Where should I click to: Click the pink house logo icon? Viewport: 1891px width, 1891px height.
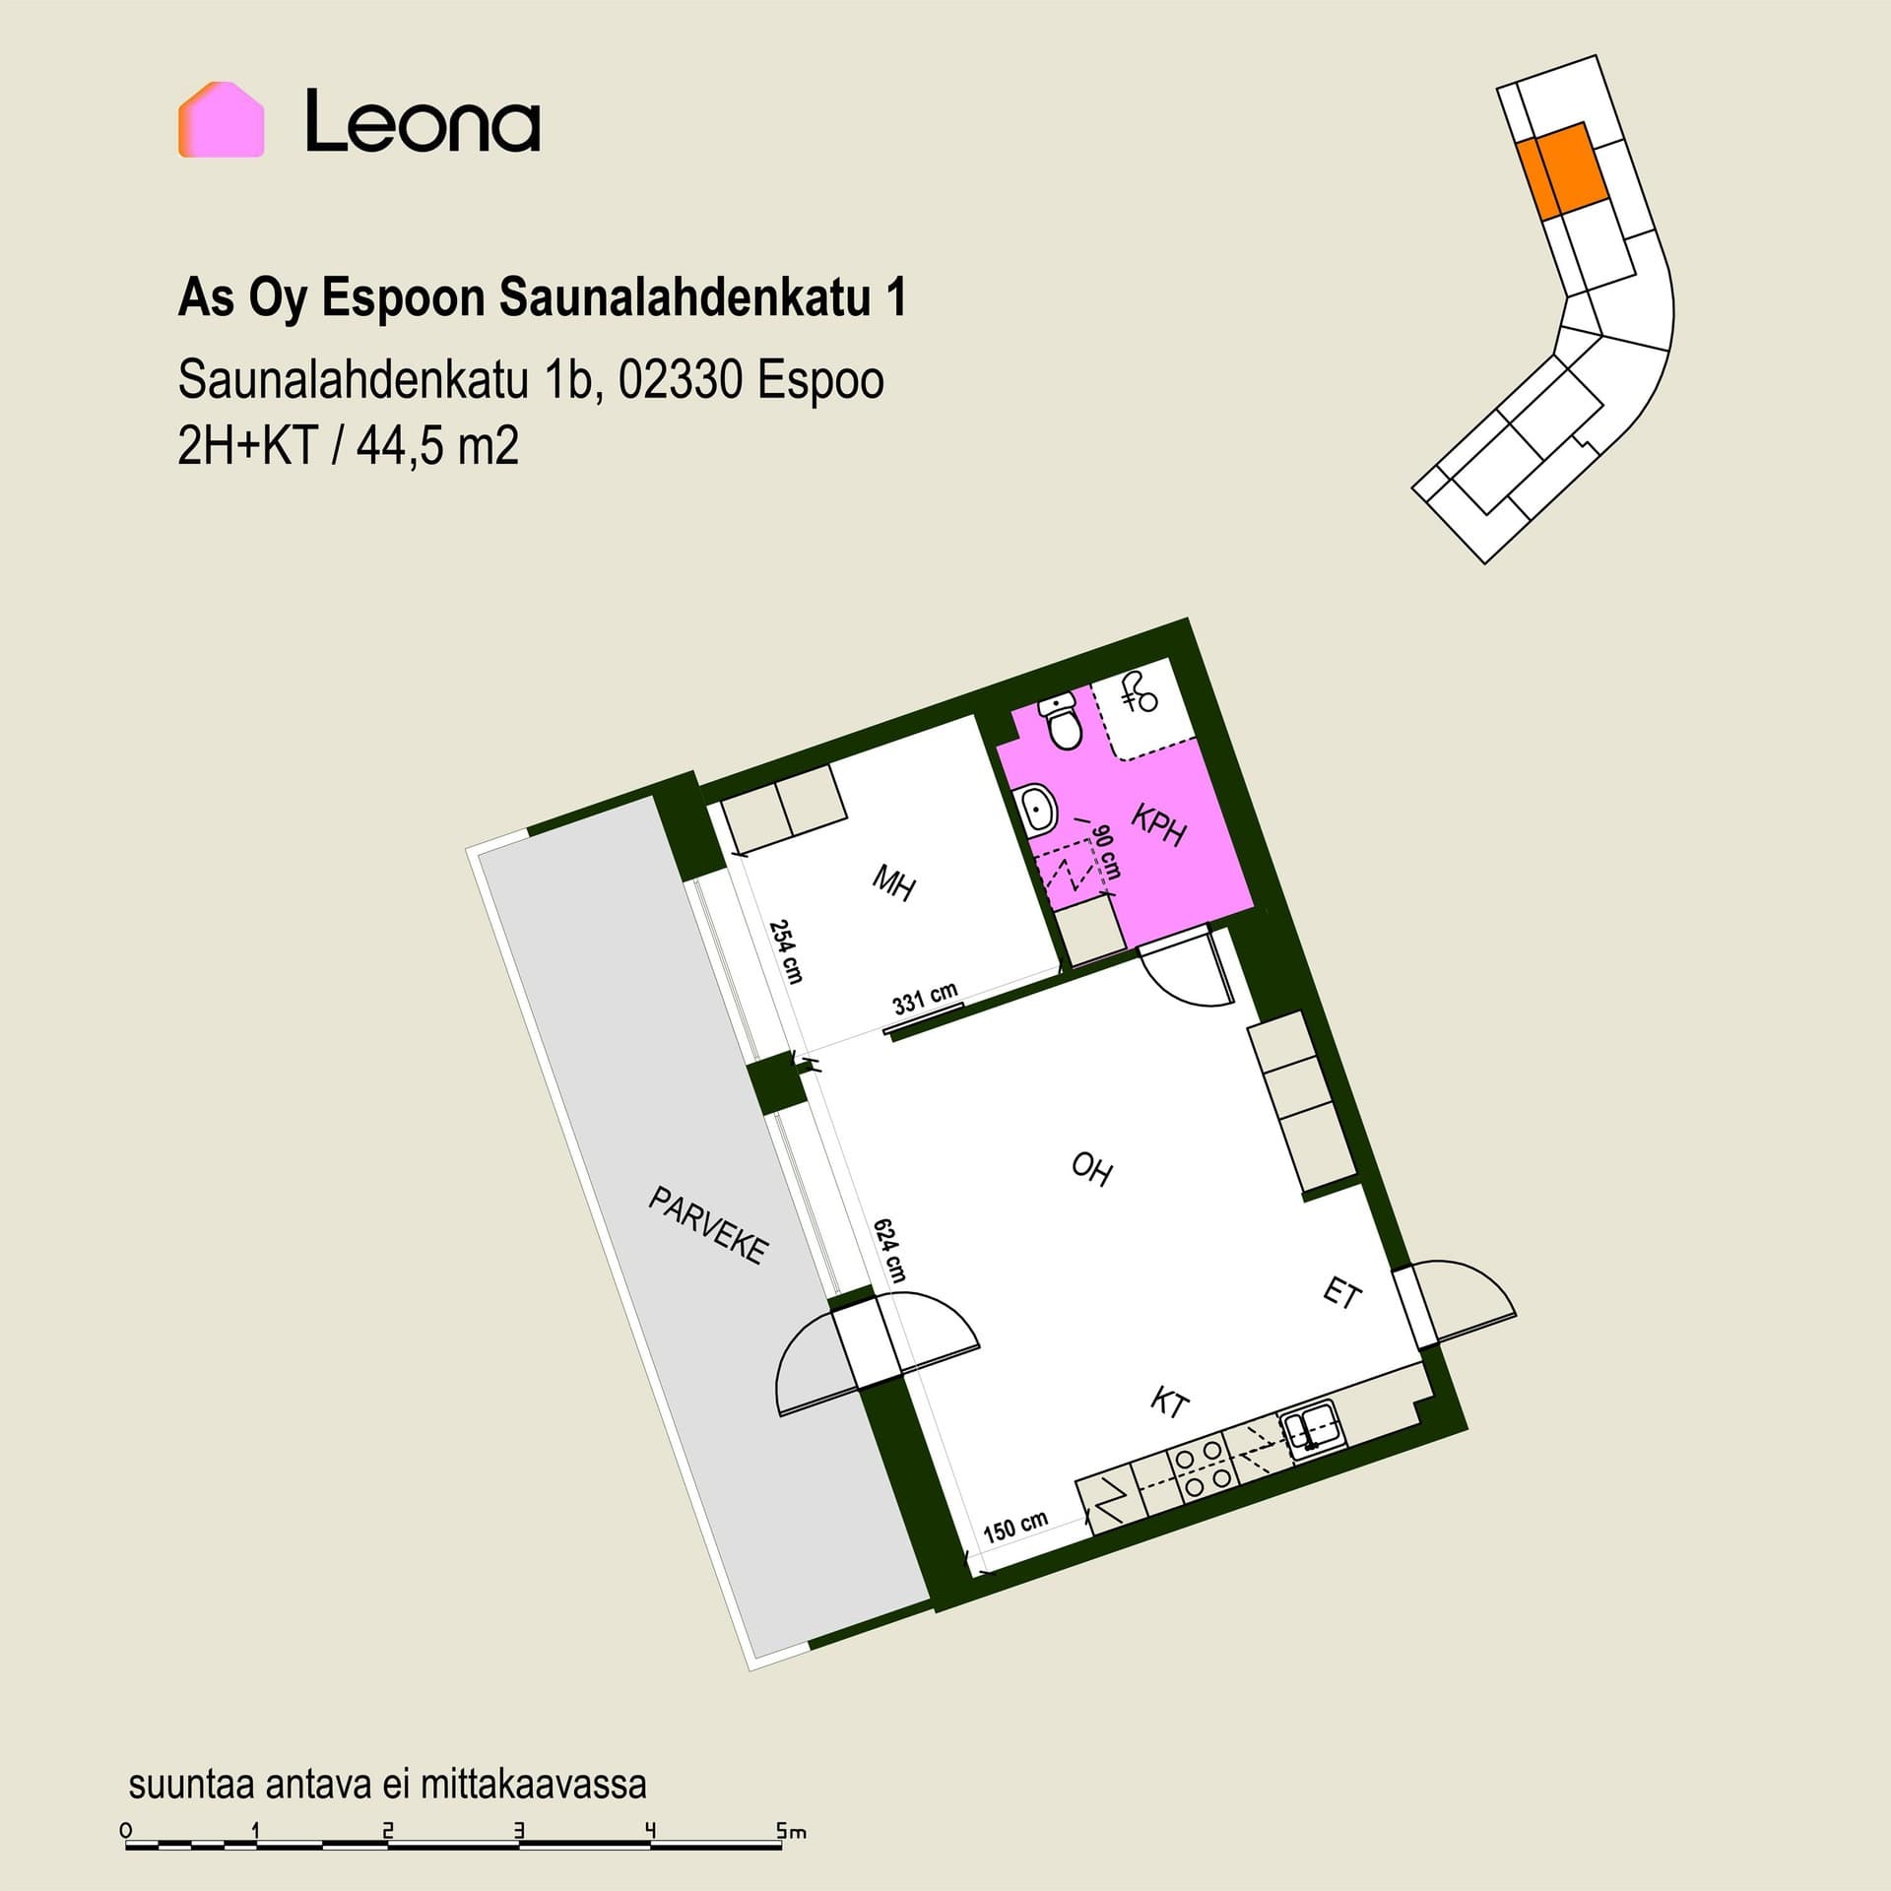click(221, 119)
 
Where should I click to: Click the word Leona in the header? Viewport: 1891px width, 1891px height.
click(423, 121)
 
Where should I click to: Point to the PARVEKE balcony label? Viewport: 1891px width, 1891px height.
click(707, 1225)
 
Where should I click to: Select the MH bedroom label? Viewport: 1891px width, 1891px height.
click(894, 882)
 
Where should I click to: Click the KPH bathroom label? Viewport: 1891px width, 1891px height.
click(1159, 825)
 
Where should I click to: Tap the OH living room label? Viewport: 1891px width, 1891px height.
click(1091, 1169)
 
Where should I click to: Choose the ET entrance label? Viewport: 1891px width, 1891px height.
click(1341, 1292)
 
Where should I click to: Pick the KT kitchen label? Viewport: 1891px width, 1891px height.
click(1170, 1402)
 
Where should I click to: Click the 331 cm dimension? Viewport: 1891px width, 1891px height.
click(925, 998)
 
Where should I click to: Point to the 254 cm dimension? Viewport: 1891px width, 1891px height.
click(786, 951)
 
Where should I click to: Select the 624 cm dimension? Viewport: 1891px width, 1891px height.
click(889, 1250)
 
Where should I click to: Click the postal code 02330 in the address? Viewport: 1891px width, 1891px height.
click(679, 381)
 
